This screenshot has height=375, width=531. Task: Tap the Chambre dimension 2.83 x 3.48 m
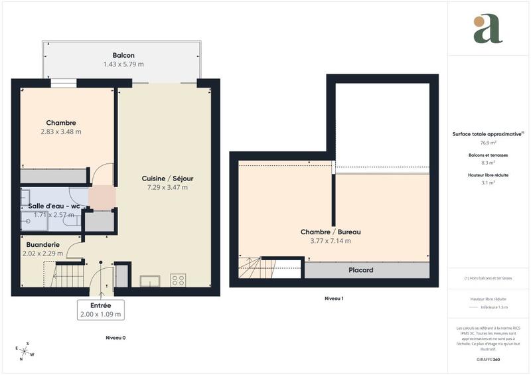60,131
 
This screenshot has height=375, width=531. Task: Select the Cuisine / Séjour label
167,179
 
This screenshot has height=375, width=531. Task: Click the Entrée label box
100,309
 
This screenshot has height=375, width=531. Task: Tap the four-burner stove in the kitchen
178,280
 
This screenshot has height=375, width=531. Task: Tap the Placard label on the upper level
360,270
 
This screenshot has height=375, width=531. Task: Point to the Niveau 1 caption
333,299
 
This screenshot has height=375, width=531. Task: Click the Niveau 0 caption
115,338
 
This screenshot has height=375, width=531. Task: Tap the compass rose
25,350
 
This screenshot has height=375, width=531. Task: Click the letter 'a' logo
488,29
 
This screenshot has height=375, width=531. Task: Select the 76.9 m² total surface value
489,143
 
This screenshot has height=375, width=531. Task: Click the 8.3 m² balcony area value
489,163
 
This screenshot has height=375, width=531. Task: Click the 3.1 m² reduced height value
489,183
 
